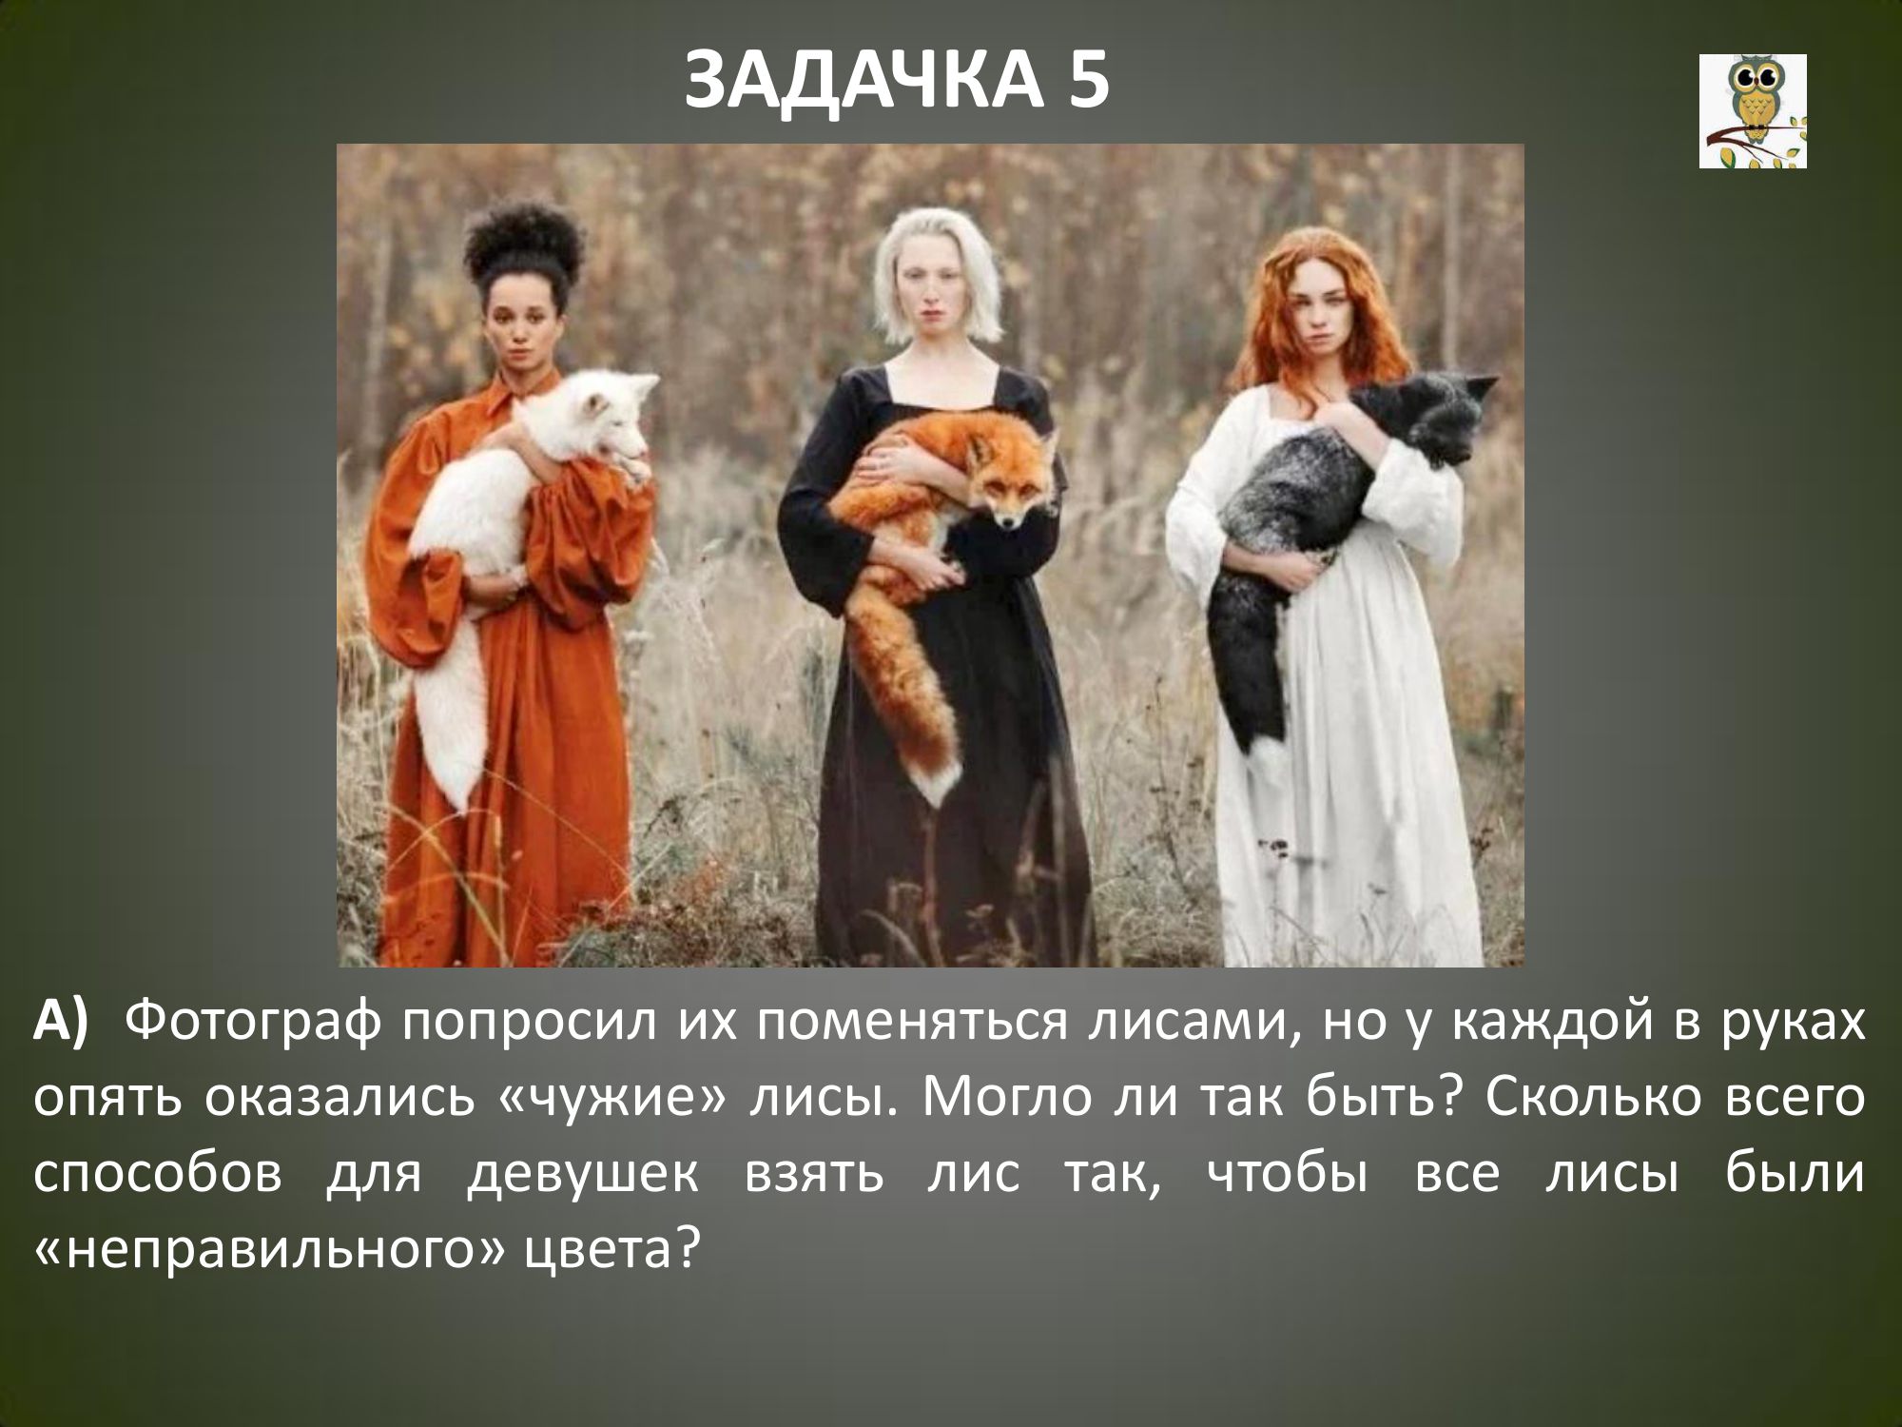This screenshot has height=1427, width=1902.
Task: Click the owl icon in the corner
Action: (1753, 111)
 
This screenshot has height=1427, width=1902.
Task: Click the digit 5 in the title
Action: (1086, 81)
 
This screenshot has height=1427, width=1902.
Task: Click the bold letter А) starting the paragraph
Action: (61, 1024)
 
